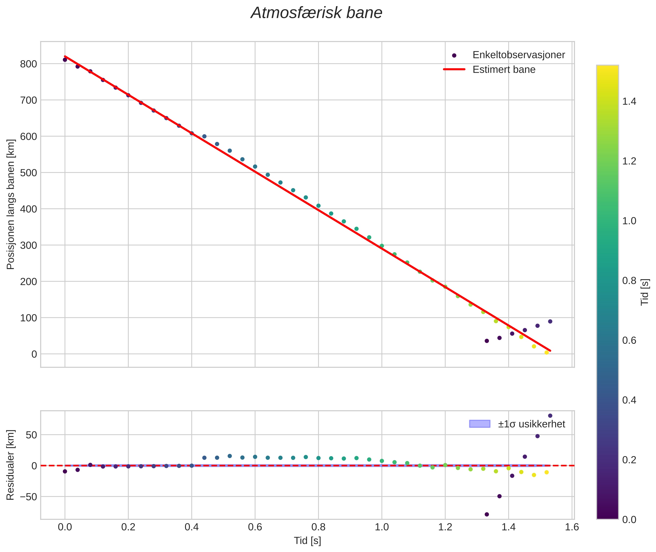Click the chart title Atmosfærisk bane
pos(316,13)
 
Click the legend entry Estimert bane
pos(504,70)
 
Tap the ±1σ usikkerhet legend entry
pos(531,424)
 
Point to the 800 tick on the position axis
pos(28,64)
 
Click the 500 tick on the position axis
pos(28,173)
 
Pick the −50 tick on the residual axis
pos(27,497)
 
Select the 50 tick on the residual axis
pos(31,435)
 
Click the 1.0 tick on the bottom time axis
pos(382,527)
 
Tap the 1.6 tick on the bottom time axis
pos(572,527)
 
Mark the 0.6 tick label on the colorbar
pos(629,340)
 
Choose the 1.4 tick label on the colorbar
pos(629,102)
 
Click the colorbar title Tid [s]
pos(645,292)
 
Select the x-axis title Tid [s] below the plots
pos(308,541)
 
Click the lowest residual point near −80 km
pos(487,514)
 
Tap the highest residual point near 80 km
pos(550,416)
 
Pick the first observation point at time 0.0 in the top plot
pos(65,60)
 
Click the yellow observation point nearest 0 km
pos(547,352)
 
